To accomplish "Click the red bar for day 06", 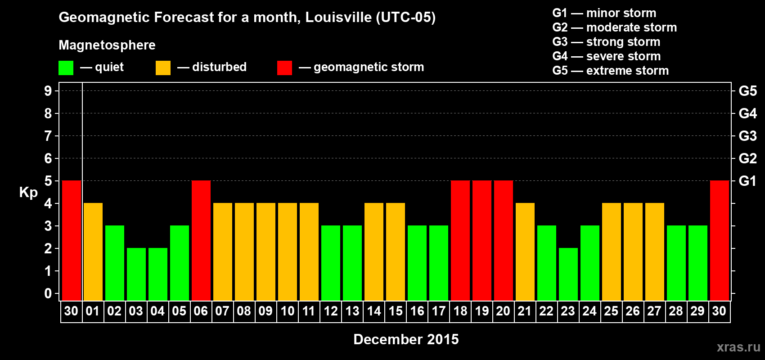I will pyautogui.click(x=201, y=240).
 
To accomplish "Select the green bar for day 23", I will pyautogui.click(x=568, y=274).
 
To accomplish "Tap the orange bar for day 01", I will pyautogui.click(x=93, y=252).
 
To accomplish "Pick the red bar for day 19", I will pyautogui.click(x=482, y=240).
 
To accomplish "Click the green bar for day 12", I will pyautogui.click(x=331, y=263).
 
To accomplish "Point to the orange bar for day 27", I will pyautogui.click(x=655, y=252).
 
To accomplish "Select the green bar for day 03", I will pyautogui.click(x=136, y=274).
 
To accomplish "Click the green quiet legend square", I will pyautogui.click(x=66, y=68).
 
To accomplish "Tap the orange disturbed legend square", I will pyautogui.click(x=163, y=68).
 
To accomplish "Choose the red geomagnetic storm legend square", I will pyautogui.click(x=284, y=68).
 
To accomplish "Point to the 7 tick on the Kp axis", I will pyautogui.click(x=48, y=136).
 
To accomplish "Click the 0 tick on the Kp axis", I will pyautogui.click(x=48, y=294).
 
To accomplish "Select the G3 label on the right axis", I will pyautogui.click(x=747, y=136).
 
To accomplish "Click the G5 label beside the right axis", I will pyautogui.click(x=747, y=91).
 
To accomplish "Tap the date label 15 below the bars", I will pyautogui.click(x=396, y=311).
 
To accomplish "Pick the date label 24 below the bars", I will pyautogui.click(x=589, y=311).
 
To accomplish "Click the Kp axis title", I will pyautogui.click(x=28, y=193).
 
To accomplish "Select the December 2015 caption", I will pyautogui.click(x=406, y=339).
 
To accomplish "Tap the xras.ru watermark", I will pyautogui.click(x=738, y=347).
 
